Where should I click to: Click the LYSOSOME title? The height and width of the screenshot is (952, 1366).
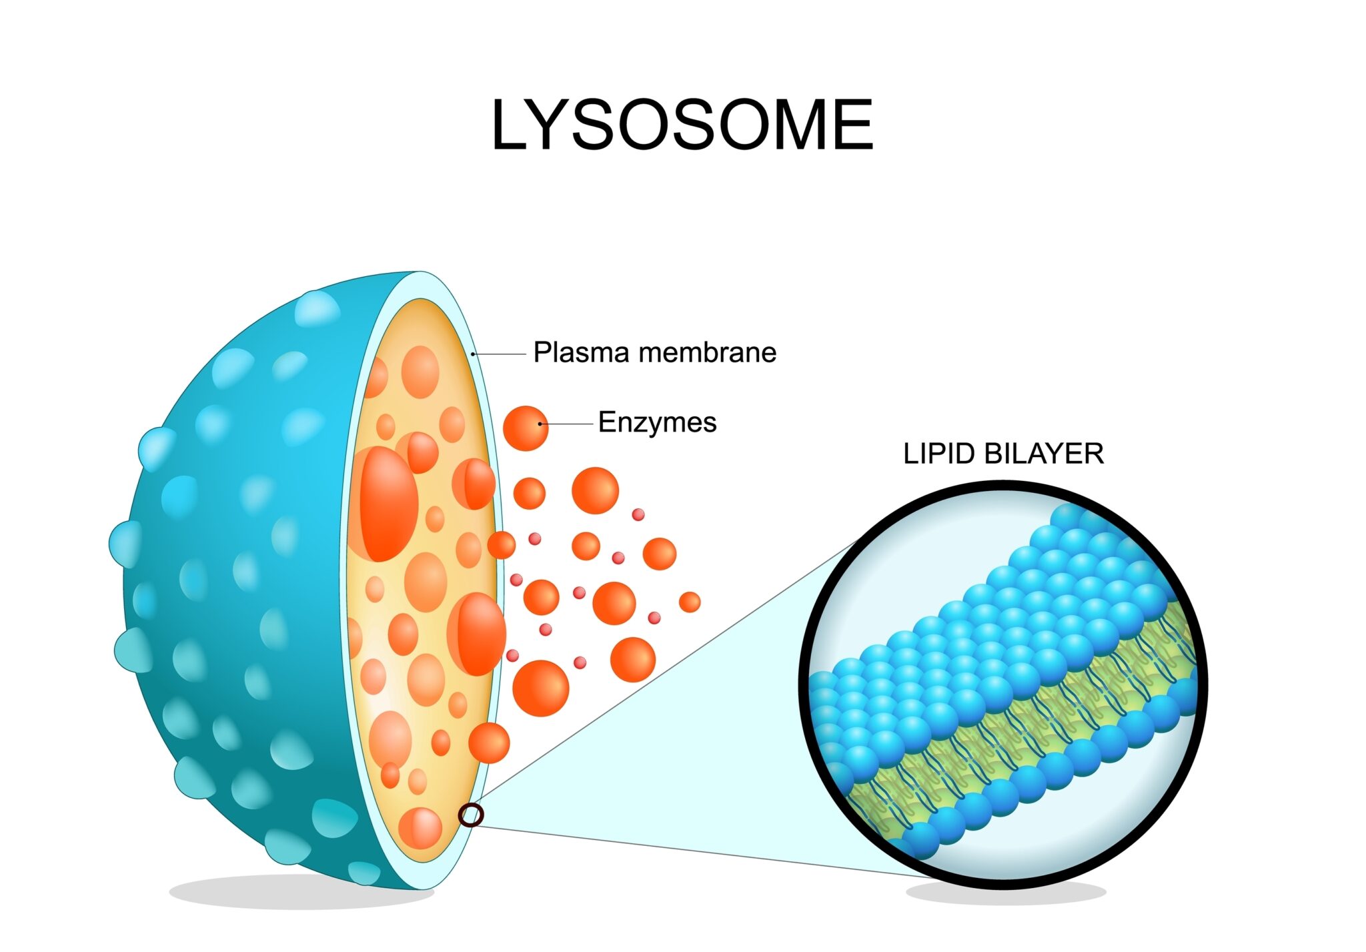tap(682, 125)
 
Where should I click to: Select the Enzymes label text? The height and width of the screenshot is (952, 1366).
tap(657, 422)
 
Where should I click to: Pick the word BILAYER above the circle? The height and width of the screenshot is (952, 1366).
tap(1044, 454)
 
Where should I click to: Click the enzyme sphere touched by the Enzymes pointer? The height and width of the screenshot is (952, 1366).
tap(526, 428)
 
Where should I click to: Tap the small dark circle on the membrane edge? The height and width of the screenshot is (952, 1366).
tap(471, 815)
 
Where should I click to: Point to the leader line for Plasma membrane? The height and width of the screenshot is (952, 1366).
tap(499, 354)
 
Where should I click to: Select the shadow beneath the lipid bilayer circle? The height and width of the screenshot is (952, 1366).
tap(1006, 891)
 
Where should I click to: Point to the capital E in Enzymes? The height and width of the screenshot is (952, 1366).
tap(606, 422)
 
